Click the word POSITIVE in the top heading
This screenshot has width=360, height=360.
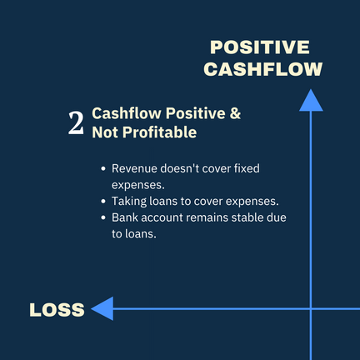coord(260,47)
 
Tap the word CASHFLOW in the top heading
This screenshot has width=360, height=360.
coord(263,69)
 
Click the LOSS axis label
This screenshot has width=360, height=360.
coord(57,310)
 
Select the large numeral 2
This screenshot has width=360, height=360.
coord(76,123)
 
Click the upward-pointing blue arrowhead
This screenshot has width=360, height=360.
coord(311,101)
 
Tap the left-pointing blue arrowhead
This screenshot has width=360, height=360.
coord(102,308)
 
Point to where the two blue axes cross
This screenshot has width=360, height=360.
coord(311,308)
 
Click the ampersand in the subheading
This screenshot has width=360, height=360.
coord(235,113)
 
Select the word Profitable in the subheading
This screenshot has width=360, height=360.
coord(160,132)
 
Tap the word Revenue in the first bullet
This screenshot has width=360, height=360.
coord(134,168)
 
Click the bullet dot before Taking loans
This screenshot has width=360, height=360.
coord(103,202)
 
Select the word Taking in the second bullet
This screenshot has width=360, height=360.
coord(129,202)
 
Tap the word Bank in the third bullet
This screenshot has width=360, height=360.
coord(125,217)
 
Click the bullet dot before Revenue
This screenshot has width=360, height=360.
coord(103,168)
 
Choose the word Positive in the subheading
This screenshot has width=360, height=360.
coord(196,113)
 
